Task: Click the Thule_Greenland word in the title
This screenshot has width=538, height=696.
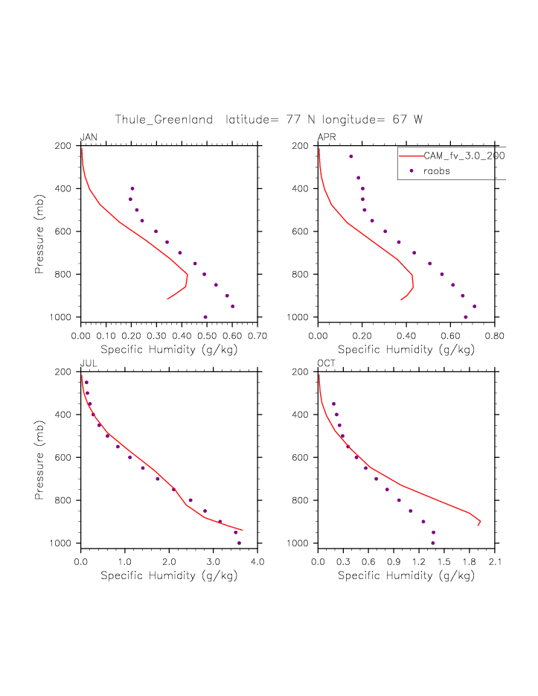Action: tap(164, 120)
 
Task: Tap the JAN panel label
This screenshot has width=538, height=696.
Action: tap(89, 138)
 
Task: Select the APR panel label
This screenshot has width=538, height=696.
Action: tap(327, 138)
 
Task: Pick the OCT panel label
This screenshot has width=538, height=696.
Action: tap(327, 363)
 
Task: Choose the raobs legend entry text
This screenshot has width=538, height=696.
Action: tap(437, 171)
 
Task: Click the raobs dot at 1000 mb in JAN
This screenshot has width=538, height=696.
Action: tap(205, 317)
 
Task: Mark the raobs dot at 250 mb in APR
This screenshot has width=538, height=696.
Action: tap(351, 156)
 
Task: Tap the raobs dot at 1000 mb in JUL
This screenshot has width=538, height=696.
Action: tap(239, 543)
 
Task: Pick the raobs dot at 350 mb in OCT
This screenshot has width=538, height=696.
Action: tap(333, 403)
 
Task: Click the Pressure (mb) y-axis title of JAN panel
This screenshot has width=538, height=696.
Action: tap(39, 232)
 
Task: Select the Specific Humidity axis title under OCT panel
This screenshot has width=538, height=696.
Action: tap(406, 575)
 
